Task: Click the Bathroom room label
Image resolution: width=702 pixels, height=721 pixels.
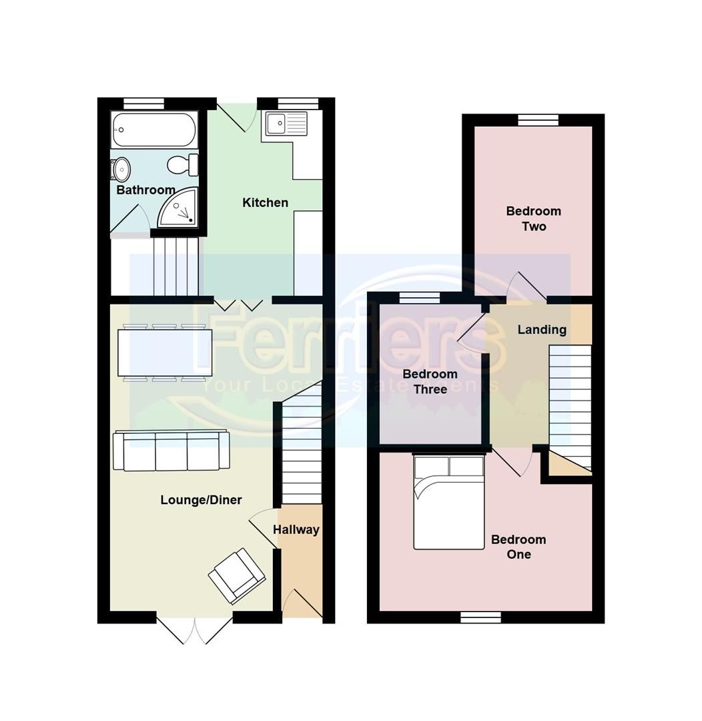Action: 145,190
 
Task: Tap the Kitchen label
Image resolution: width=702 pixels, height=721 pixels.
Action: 265,203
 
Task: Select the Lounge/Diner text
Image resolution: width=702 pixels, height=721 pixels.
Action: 201,500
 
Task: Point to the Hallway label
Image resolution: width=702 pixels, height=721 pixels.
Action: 296,530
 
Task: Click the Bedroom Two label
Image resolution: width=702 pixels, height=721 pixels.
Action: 533,219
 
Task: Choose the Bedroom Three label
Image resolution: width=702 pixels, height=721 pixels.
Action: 430,382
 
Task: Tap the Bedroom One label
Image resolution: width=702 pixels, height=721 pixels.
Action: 518,547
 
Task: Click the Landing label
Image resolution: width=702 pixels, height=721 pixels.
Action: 542,330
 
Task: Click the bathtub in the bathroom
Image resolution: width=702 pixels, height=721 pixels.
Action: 154,130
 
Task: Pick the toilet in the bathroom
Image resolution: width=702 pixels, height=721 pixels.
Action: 182,164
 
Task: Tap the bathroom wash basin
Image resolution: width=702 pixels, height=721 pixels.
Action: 121,170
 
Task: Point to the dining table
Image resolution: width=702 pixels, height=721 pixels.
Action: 165,352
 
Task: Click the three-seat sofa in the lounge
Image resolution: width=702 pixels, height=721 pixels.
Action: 171,451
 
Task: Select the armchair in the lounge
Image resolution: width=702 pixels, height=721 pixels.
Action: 237,575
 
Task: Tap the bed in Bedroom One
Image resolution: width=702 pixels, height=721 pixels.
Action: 448,503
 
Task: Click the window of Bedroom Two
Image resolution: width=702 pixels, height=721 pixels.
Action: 538,119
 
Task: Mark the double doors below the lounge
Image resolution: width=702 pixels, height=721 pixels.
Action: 194,630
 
